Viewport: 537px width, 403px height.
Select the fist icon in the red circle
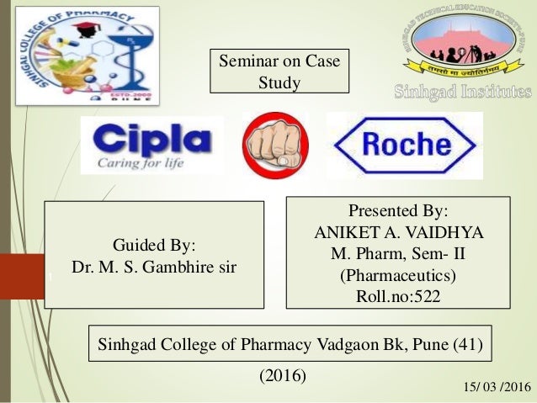(275, 144)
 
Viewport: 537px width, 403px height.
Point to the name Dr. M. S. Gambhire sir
(154, 268)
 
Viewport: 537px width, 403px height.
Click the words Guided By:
(154, 246)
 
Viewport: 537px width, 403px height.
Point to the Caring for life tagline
(135, 163)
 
